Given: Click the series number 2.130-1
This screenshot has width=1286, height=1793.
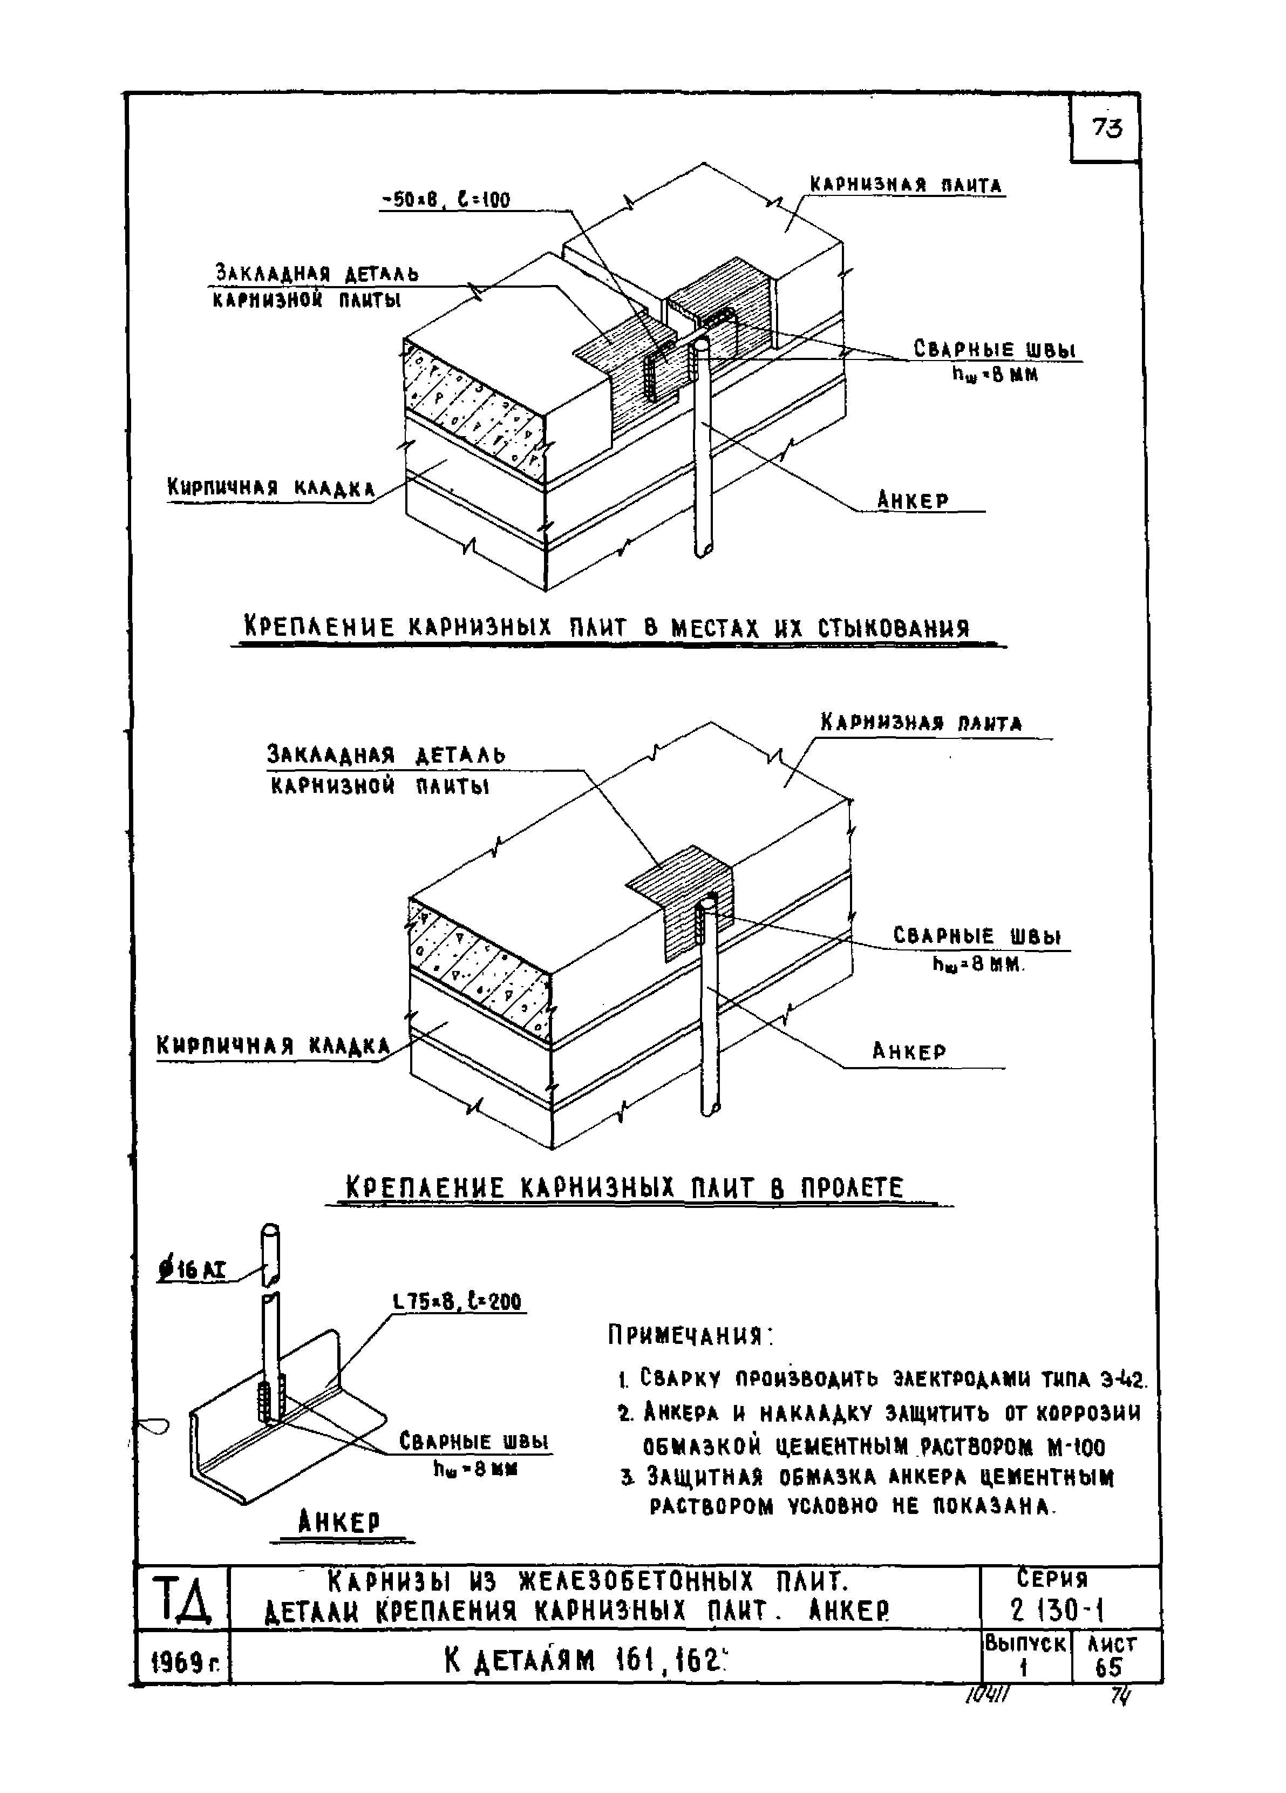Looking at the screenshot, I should tap(1056, 1609).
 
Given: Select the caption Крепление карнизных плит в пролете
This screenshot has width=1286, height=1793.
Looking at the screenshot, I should tap(624, 1188).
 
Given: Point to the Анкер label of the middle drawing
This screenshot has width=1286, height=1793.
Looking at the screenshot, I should tap(909, 1051).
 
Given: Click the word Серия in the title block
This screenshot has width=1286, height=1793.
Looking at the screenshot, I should tap(1051, 1579).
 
